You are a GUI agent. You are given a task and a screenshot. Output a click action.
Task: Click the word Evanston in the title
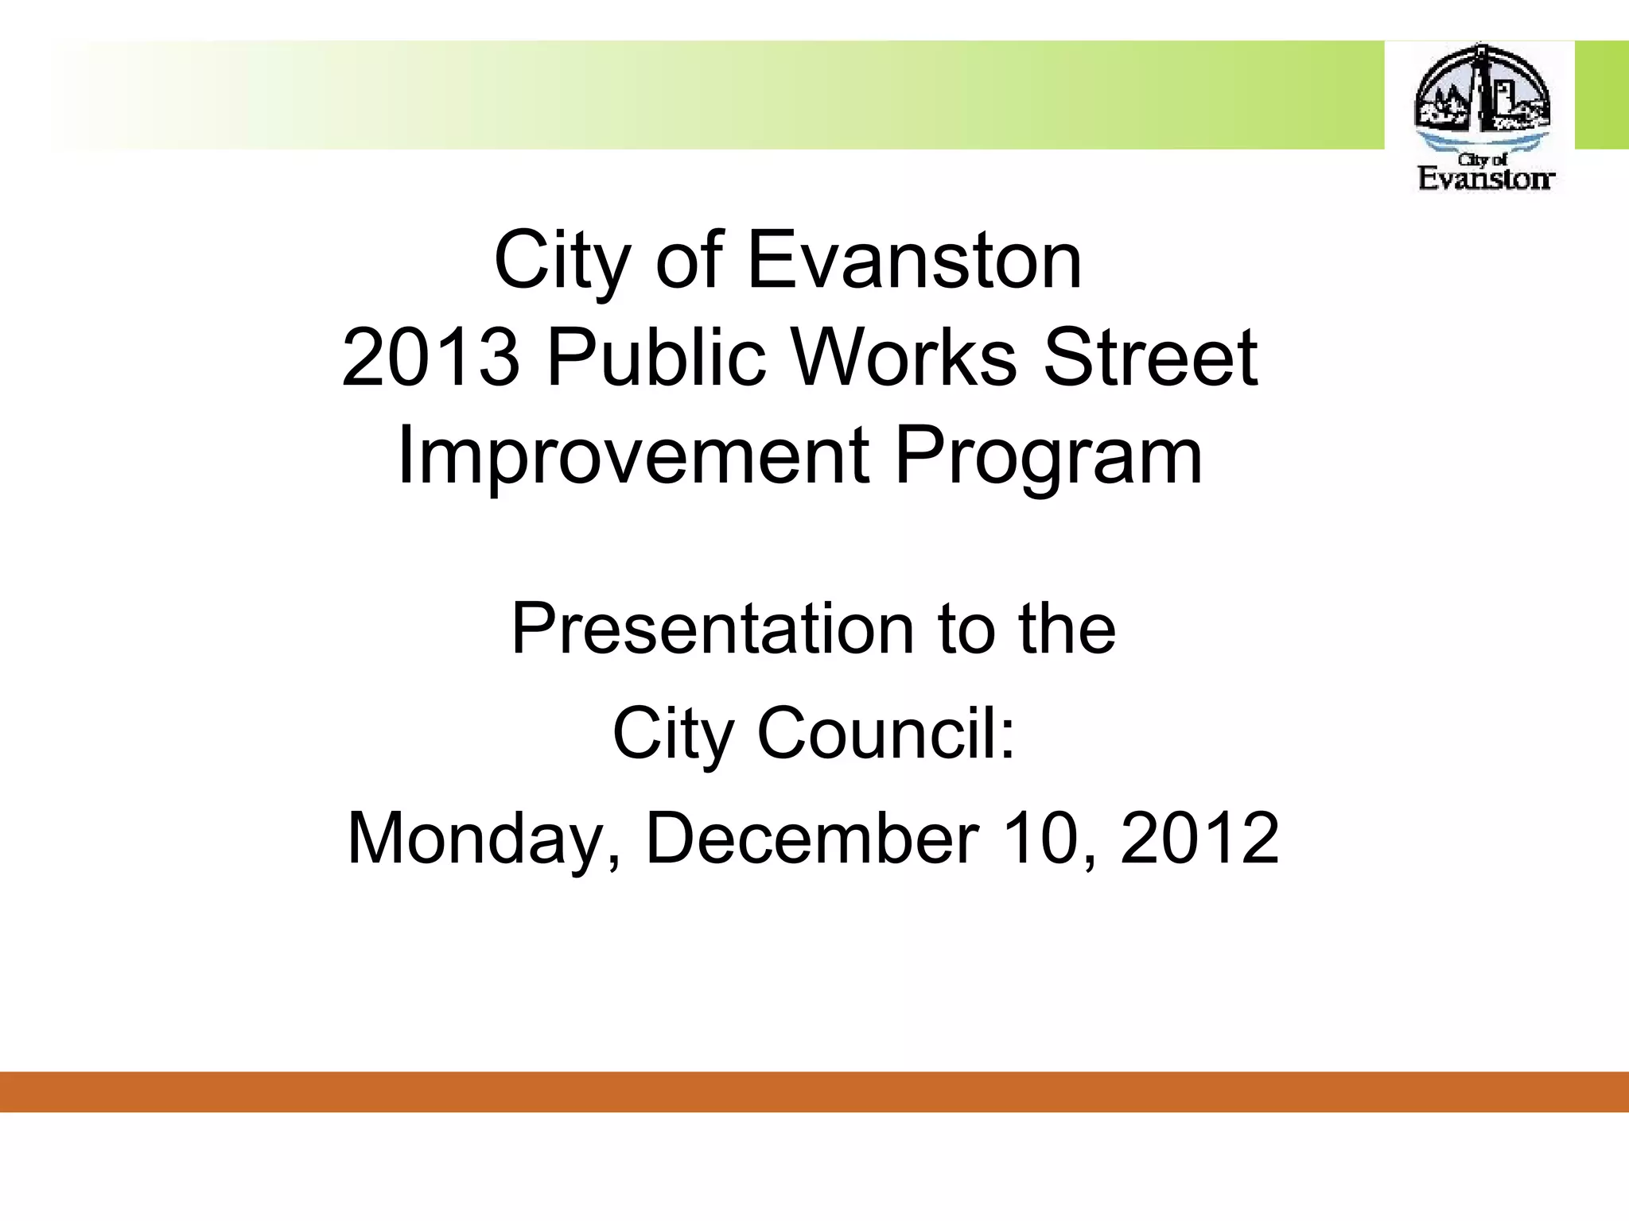(x=915, y=261)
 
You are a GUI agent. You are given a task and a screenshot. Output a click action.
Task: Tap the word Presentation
(x=712, y=629)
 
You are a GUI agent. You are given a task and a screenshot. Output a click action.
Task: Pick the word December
(x=812, y=838)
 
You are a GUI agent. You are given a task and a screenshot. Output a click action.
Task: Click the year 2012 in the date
(x=1199, y=838)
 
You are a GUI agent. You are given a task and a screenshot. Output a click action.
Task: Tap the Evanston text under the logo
(x=1485, y=178)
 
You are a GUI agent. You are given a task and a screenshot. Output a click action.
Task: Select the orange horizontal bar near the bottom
(x=814, y=1091)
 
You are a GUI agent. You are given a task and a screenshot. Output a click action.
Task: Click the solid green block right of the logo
(x=1601, y=95)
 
